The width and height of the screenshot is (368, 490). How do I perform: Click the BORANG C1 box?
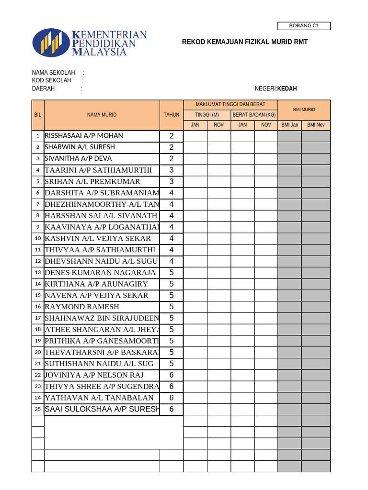[304, 26]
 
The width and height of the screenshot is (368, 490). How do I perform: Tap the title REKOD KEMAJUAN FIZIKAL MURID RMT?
[245, 42]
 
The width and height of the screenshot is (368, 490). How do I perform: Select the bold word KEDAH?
[287, 89]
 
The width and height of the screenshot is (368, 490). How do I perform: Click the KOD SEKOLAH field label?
[52, 81]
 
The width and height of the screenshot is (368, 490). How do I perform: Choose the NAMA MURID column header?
[102, 115]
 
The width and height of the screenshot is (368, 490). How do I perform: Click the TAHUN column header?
[171, 115]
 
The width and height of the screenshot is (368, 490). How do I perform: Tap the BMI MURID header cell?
[304, 110]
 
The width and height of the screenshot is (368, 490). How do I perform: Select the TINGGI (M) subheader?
[207, 115]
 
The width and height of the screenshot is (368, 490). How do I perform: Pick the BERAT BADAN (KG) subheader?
[254, 115]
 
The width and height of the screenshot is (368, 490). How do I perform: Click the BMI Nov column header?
[316, 125]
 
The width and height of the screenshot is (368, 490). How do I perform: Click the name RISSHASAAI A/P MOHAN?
[84, 136]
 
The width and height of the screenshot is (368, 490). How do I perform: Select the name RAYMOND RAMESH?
[82, 307]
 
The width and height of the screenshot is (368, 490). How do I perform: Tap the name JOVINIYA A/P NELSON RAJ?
[94, 375]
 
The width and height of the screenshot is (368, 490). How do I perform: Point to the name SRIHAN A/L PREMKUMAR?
[92, 182]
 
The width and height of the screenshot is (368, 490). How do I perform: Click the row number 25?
[38, 410]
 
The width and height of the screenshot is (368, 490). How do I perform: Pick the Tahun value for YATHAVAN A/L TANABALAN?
[172, 398]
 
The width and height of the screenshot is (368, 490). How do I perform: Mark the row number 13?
[38, 273]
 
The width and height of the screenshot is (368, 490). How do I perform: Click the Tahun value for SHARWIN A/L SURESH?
[172, 147]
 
